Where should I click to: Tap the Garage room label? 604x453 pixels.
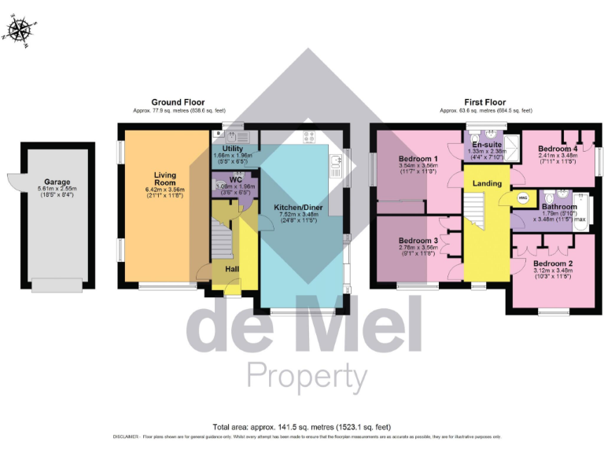click(57, 178)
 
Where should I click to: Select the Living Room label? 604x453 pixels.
click(165, 179)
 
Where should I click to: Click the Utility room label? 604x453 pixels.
click(232, 148)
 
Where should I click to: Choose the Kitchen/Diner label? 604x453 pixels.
click(294, 208)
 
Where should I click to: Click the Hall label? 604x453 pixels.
click(233, 269)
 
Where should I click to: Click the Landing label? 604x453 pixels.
click(487, 183)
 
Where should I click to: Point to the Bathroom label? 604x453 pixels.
click(559, 207)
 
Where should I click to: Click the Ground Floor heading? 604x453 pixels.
click(176, 102)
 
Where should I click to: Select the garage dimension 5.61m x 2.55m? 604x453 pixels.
click(57, 189)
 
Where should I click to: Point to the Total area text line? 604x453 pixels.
click(302, 426)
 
